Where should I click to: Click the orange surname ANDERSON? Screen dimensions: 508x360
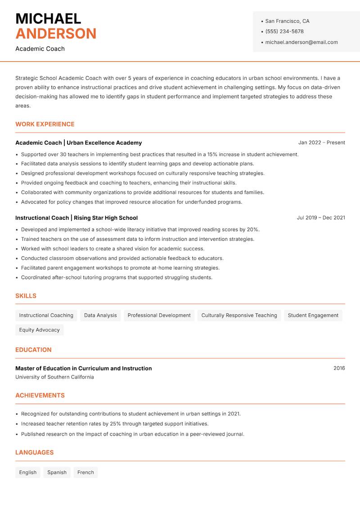click(56, 34)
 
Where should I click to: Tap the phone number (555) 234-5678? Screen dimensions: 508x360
click(284, 31)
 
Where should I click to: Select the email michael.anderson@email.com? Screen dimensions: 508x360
click(301, 42)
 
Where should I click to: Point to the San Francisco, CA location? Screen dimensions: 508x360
click(287, 21)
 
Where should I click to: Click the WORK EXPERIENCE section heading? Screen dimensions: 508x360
click(45, 124)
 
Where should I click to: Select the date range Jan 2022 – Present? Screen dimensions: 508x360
click(321, 143)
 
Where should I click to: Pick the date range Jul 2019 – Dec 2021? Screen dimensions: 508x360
click(321, 218)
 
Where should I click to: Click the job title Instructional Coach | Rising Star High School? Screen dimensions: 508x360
click(76, 218)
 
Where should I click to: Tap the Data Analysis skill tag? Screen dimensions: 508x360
click(100, 316)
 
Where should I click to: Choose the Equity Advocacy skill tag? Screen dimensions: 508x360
click(40, 330)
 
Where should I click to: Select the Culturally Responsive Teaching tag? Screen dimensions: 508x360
click(239, 316)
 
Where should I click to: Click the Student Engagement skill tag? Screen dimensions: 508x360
click(313, 316)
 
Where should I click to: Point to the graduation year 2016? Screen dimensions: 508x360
click(339, 368)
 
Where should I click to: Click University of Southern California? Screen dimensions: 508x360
click(54, 377)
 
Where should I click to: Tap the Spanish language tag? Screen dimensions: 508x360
click(57, 472)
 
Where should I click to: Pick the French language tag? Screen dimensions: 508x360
click(85, 472)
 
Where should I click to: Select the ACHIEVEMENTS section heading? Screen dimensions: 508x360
click(40, 396)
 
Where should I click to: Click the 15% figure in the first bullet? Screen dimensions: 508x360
click(212, 154)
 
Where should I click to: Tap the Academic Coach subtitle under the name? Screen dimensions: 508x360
click(40, 49)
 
